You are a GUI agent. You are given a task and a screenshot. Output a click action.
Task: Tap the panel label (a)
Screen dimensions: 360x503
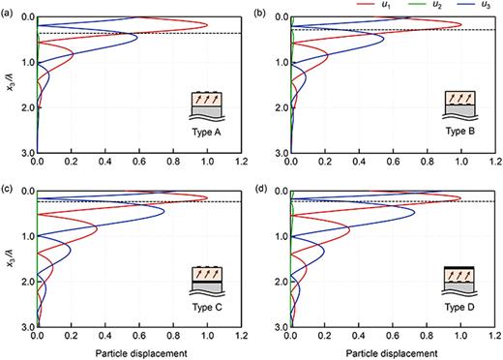pyautogui.click(x=8, y=11)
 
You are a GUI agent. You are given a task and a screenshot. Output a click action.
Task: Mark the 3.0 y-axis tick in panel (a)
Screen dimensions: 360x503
pyautogui.click(x=26, y=153)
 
